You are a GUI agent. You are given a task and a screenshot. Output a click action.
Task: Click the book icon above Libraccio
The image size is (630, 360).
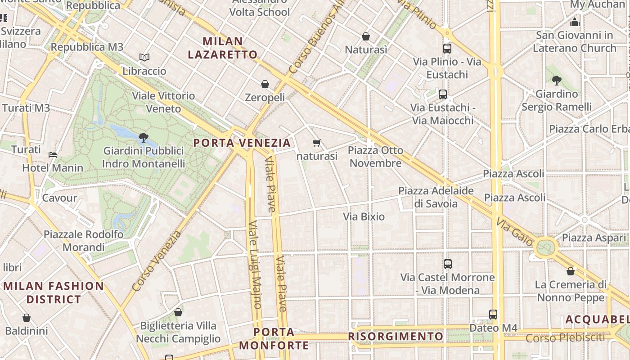point(144,58)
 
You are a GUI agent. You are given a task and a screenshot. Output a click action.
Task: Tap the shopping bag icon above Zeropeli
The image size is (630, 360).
point(265,84)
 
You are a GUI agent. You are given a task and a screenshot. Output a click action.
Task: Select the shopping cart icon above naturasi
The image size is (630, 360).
point(317,143)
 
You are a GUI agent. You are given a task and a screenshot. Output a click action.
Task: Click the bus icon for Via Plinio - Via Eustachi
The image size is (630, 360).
point(447,49)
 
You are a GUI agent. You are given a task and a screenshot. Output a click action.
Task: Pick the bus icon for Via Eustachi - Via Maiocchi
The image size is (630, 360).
point(443,94)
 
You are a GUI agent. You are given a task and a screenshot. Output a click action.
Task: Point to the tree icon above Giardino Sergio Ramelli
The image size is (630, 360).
point(557,81)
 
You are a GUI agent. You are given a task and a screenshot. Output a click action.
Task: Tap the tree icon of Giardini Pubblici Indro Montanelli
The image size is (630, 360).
point(144,137)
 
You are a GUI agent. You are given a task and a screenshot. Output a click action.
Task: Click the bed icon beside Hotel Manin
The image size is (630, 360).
point(53,155)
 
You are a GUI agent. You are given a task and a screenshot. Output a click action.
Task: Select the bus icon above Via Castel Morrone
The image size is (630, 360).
point(447,264)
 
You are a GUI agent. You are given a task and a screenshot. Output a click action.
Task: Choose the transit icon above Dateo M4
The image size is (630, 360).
point(493,315)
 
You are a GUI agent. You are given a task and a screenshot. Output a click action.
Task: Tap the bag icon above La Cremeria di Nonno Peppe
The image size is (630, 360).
point(571,271)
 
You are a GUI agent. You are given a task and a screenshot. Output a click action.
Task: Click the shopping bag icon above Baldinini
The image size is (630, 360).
point(27,318)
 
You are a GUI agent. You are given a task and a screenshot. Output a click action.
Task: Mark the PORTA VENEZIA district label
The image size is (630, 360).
point(242,143)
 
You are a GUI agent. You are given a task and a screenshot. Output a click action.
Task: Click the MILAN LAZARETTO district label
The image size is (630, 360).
point(223,48)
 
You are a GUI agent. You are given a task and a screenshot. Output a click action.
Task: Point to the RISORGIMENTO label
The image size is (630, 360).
point(396,337)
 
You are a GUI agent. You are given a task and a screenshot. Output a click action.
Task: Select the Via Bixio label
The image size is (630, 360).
point(364,217)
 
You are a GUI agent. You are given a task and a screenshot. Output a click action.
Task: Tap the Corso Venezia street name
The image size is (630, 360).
point(157,261)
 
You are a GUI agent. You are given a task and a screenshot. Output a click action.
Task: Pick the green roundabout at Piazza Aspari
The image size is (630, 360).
point(546,247)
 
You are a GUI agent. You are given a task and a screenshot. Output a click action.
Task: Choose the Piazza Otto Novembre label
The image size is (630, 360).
point(376,157)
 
